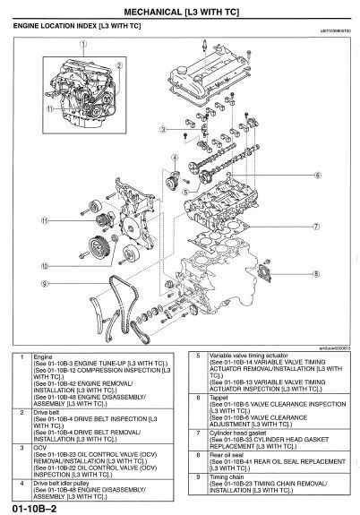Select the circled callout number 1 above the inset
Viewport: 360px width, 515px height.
pos(83,44)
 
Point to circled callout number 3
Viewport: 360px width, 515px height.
pos(162,131)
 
